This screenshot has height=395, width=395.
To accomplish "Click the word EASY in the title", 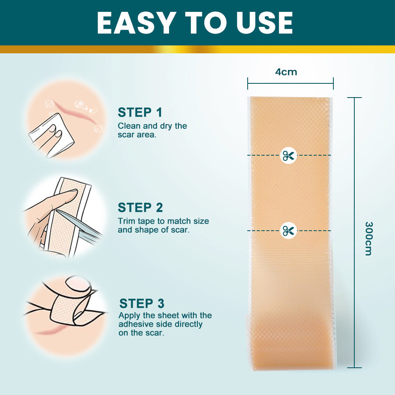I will point(133,23).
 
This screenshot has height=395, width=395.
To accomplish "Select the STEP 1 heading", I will point(140,113).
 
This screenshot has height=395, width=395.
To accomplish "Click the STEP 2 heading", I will point(140,208).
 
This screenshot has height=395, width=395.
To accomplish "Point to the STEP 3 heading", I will point(141,304).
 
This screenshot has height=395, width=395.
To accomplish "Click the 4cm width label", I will point(286,72).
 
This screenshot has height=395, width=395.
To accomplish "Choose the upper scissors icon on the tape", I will point(288,155).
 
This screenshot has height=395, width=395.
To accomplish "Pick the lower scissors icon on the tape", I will point(288,230).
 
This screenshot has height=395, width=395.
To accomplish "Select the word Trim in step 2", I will point(125,221).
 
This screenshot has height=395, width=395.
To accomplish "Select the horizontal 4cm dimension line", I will point(290,83).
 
